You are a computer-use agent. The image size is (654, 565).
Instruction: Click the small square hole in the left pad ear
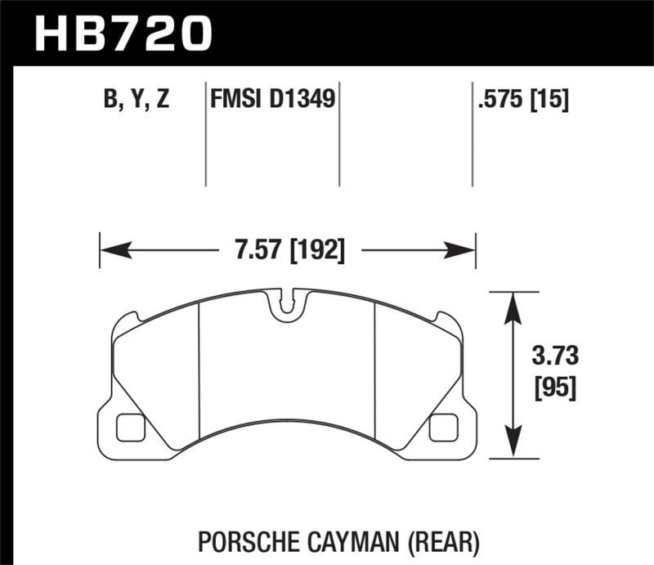pyautogui.click(x=130, y=426)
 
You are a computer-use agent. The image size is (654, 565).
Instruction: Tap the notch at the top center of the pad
pyautogui.click(x=285, y=303)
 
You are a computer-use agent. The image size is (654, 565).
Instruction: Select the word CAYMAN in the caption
pyautogui.click(x=353, y=541)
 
